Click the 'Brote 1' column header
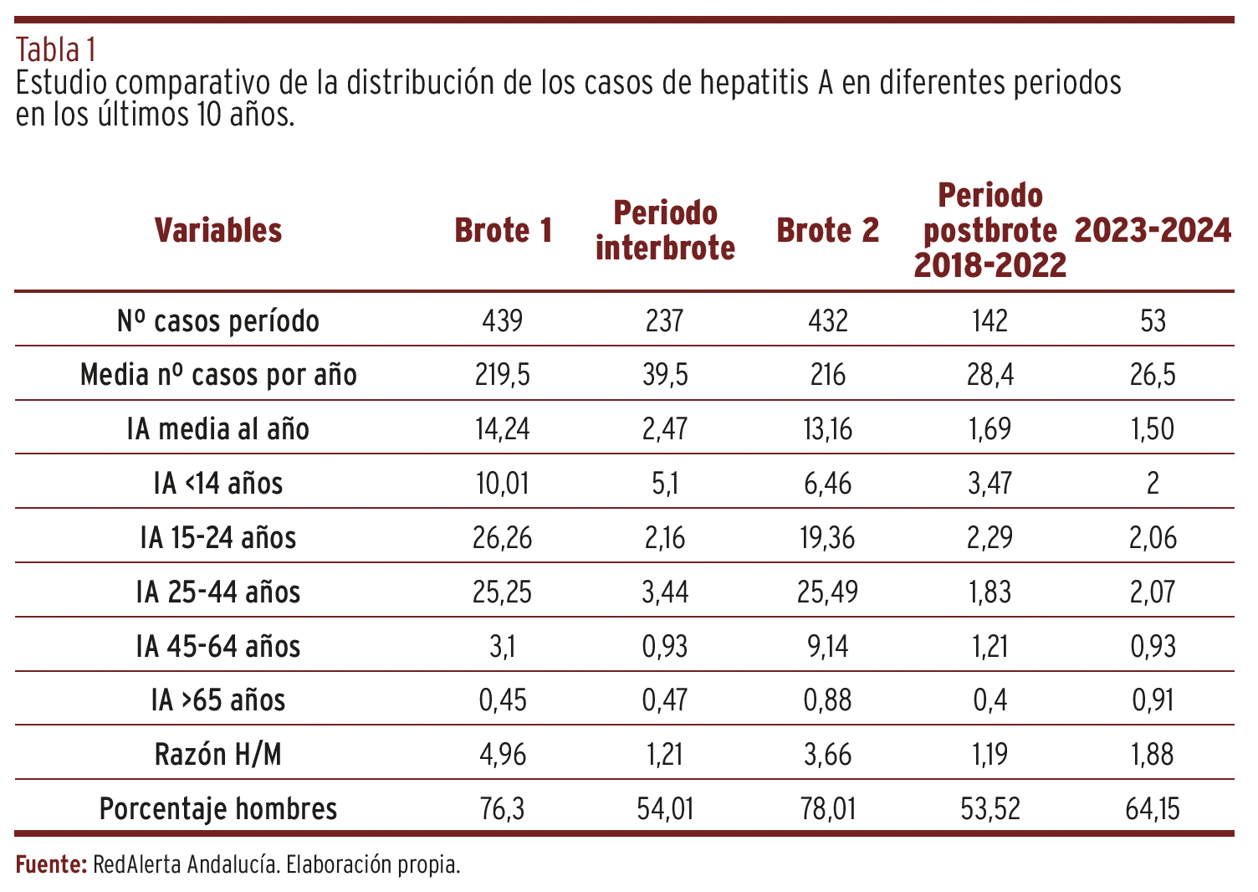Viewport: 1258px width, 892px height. click(x=504, y=230)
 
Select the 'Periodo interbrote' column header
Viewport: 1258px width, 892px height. click(x=665, y=230)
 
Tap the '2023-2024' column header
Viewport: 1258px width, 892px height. click(x=1153, y=230)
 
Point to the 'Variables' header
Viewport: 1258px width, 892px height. click(x=218, y=230)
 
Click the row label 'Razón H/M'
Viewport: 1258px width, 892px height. click(x=218, y=755)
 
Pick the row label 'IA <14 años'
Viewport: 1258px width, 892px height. click(x=218, y=483)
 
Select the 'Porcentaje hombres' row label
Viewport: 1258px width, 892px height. click(x=218, y=809)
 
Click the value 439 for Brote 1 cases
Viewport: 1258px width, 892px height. click(x=503, y=320)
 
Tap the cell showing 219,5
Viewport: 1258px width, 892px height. click(x=503, y=375)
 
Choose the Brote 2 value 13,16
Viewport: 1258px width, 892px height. click(x=827, y=429)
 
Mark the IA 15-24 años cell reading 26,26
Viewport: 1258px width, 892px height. click(x=503, y=537)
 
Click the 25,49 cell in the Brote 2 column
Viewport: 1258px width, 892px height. click(x=827, y=592)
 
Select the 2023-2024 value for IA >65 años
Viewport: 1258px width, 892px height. click(x=1153, y=700)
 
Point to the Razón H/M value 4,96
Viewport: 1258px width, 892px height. click(x=503, y=755)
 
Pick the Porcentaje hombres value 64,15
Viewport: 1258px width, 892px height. click(x=1153, y=809)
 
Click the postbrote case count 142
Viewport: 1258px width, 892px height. click(x=990, y=320)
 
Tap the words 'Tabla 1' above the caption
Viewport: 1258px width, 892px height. click(x=55, y=50)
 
